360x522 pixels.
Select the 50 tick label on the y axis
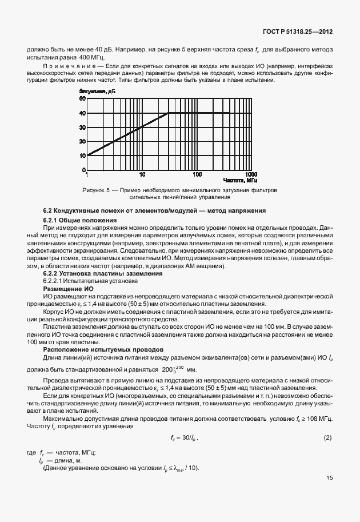pos(82,99)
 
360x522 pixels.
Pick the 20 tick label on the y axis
pos(82,141)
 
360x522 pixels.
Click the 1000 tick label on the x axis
pos(250,174)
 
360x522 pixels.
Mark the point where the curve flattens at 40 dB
pos(169,113)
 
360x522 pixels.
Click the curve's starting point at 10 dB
pos(87,155)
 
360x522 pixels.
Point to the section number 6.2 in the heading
pos(49,212)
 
